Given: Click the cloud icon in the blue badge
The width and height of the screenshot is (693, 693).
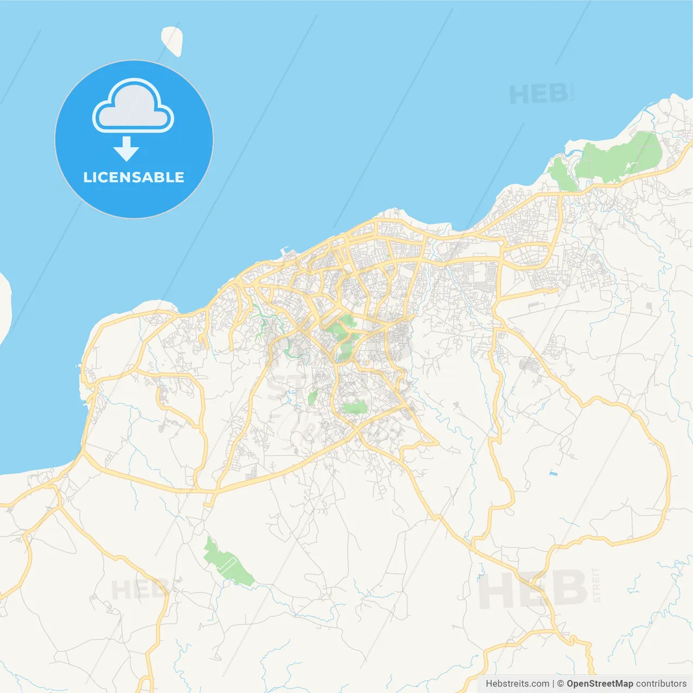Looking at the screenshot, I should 133,107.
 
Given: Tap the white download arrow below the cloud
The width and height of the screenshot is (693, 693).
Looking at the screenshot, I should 127,149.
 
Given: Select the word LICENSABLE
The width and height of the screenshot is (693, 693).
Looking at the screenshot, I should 134,177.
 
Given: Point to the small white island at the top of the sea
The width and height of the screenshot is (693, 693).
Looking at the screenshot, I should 172,41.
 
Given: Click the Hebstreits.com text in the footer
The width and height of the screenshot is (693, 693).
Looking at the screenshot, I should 517,683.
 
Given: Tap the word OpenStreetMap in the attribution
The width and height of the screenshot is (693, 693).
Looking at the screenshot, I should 600,683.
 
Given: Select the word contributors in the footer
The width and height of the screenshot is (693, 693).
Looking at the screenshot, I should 661,683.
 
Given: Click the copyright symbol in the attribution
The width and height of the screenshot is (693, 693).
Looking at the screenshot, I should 560,683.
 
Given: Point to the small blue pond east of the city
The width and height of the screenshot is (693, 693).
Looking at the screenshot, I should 553,474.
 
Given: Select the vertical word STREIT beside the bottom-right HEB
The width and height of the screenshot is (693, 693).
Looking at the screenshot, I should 596,585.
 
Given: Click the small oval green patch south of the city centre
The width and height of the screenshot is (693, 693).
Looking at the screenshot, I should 355,407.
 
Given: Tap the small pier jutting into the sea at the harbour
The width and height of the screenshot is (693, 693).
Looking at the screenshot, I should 285,252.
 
